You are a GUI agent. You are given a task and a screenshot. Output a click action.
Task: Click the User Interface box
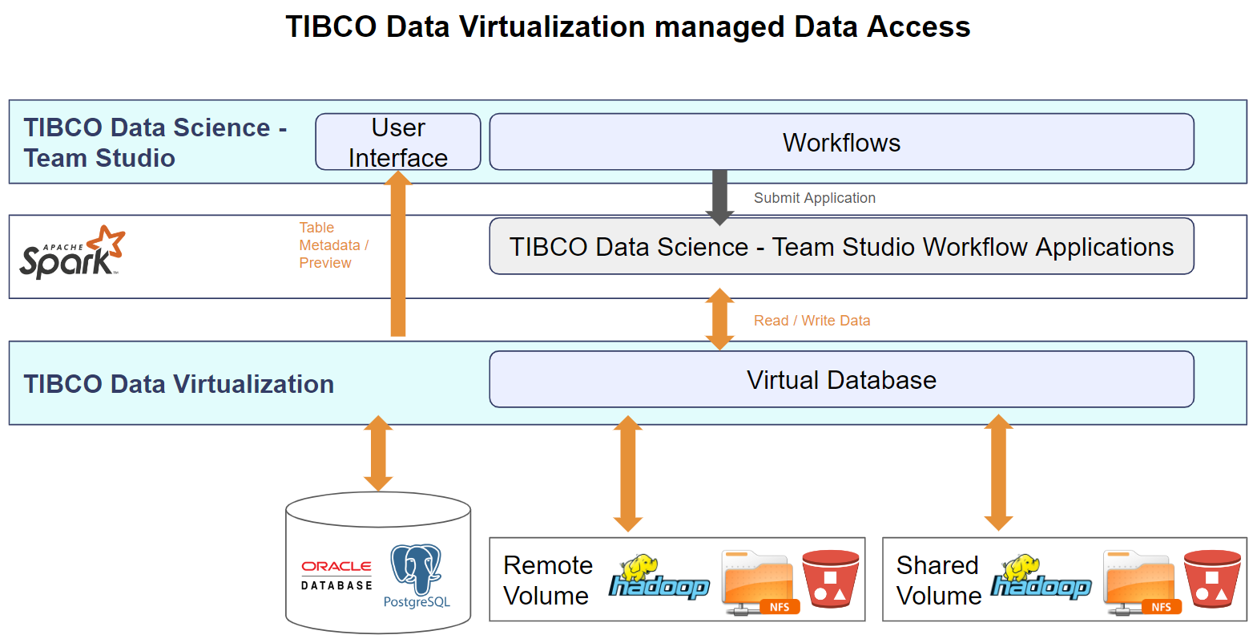[398, 142]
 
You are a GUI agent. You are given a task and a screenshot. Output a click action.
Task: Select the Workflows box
[841, 142]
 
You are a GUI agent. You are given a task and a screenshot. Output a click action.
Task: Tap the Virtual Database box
[841, 379]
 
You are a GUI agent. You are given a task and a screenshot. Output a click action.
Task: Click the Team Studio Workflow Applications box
[841, 247]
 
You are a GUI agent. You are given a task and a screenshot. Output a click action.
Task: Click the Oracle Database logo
[336, 575]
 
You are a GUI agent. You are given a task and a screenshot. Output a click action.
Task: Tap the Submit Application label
[814, 198]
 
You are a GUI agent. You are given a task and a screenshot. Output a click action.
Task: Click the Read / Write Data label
[812, 321]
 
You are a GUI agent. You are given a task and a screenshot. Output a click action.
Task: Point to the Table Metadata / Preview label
[333, 245]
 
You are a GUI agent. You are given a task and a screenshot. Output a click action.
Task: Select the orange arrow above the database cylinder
[378, 453]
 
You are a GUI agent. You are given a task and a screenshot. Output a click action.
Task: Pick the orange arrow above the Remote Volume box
[628, 473]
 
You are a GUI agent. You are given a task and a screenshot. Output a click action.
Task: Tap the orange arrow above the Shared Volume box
[998, 473]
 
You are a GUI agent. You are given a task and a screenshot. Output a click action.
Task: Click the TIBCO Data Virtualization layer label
[179, 384]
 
